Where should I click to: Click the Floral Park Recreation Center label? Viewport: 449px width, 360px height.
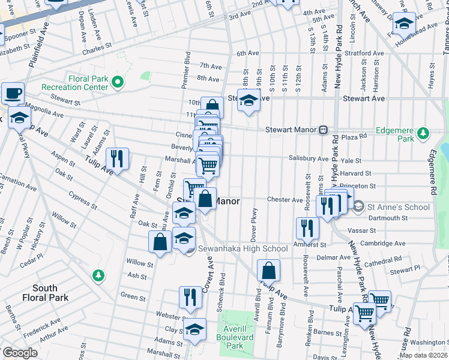pyautogui.click(x=74, y=83)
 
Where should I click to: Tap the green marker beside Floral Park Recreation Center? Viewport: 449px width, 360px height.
pyautogui.click(x=118, y=82)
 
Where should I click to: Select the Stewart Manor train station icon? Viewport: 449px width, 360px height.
pyautogui.click(x=323, y=129)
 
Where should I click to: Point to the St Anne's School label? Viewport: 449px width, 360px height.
pyautogui.click(x=399, y=207)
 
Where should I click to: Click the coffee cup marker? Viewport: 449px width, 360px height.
pyautogui.click(x=12, y=93)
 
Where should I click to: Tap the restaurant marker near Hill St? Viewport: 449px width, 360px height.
pyautogui.click(x=116, y=158)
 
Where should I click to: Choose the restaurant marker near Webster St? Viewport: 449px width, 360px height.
pyautogui.click(x=190, y=297)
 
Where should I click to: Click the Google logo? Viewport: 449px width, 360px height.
pyautogui.click(x=19, y=353)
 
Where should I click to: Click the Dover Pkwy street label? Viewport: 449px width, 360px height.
pyautogui.click(x=254, y=220)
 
